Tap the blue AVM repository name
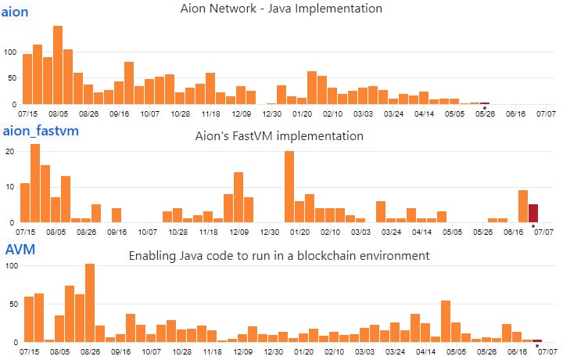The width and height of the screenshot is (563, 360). point(20,250)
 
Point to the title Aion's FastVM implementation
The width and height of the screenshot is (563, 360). point(279,136)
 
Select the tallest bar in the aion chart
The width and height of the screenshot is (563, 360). point(58,66)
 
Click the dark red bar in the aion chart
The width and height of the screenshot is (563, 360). point(485,103)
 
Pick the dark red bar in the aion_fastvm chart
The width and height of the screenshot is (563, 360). point(533,213)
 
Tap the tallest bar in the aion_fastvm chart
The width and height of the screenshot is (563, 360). point(35,183)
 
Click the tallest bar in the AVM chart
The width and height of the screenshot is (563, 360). point(90,303)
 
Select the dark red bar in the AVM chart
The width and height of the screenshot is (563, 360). point(537,340)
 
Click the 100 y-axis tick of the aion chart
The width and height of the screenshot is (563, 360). point(10,52)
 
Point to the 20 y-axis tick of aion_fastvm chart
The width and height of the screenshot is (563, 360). point(10,151)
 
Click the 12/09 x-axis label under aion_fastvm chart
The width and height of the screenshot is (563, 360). point(239,232)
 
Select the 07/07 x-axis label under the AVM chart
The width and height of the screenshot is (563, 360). point(545,353)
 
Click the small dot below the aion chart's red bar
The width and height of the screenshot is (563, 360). point(485,108)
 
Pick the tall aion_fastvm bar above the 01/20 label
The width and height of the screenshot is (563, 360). point(289,186)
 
